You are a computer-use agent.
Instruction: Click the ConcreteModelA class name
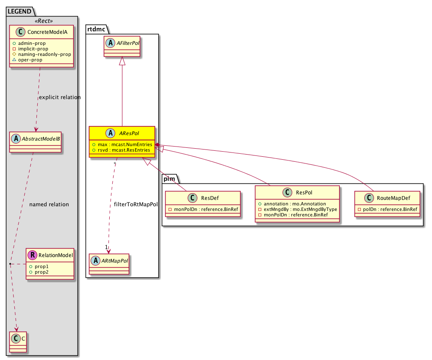[x=47, y=32]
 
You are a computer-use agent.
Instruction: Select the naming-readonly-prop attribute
[x=44, y=54]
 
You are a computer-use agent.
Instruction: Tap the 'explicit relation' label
[x=60, y=97]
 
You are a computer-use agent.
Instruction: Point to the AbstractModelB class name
[x=41, y=139]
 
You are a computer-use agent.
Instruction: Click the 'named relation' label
[x=49, y=205]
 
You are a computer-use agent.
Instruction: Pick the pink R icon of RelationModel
[x=32, y=255]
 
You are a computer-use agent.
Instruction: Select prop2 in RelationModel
[x=42, y=272]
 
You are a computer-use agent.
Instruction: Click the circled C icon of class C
[x=16, y=338]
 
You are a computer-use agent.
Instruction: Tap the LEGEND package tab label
[x=19, y=11]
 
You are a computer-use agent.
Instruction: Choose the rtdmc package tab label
[x=96, y=29]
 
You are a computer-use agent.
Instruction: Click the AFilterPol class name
[x=128, y=43]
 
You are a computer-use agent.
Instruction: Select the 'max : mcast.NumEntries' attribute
[x=125, y=144]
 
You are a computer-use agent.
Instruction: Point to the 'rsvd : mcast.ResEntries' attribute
[x=124, y=150]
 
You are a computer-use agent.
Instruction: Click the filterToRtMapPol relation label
[x=136, y=205]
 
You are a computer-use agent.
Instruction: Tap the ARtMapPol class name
[x=115, y=261]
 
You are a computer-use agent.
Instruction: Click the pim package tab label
[x=169, y=179]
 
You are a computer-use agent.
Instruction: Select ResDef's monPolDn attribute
[x=206, y=209]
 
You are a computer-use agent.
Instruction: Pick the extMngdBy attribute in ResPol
[x=300, y=209]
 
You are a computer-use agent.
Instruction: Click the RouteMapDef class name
[x=393, y=198]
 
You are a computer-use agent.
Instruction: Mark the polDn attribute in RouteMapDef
[x=390, y=209]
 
